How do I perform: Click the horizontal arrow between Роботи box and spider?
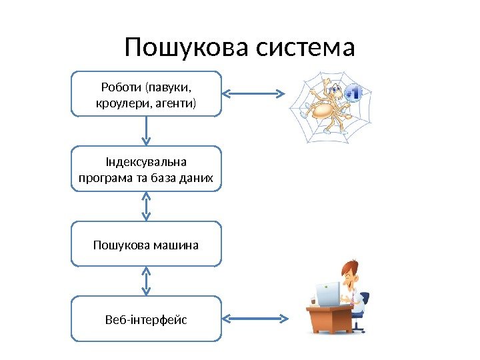point(255,94)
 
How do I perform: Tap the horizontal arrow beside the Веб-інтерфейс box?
point(255,319)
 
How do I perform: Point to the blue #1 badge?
point(354,93)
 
